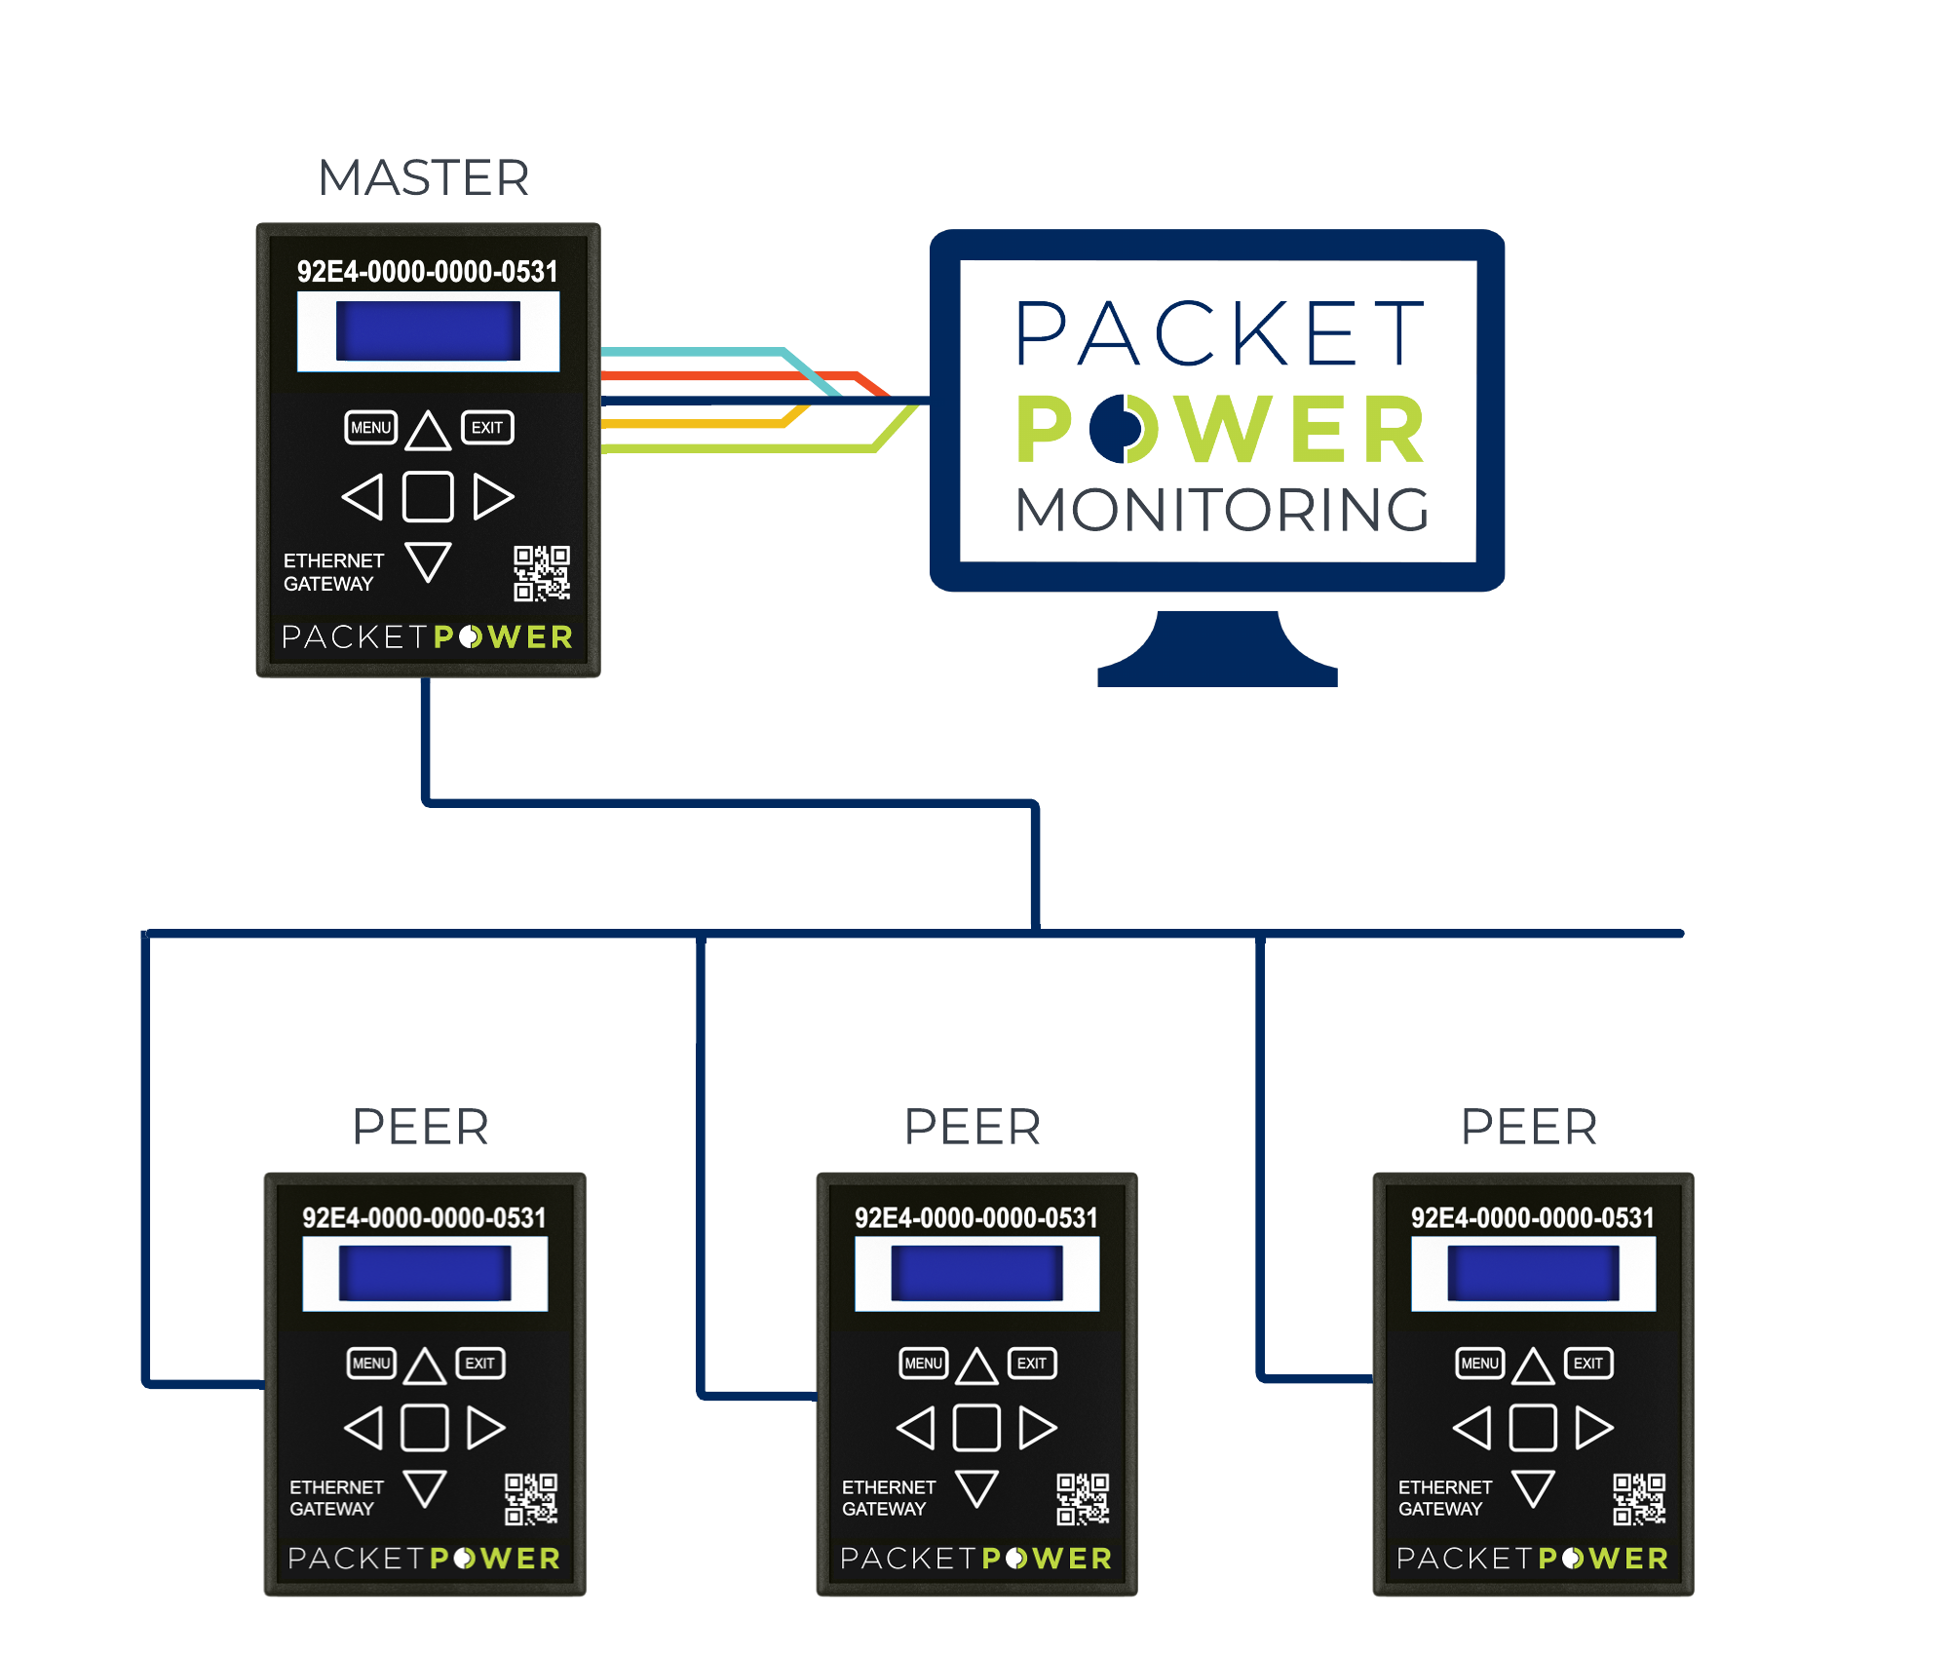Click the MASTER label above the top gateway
pos(424,178)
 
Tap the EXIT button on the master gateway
pos(487,428)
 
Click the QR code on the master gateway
pos(542,573)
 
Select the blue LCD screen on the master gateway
pos(428,330)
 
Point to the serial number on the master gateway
pos(428,272)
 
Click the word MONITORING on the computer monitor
pos(1222,510)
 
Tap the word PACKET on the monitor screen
pos(1220,333)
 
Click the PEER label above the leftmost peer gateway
pos(421,1128)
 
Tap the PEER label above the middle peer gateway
pos(973,1128)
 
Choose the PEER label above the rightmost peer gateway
pos(1529,1128)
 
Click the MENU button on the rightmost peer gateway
pos(1479,1364)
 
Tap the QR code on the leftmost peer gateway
pos(531,1499)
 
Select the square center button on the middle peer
pos(976,1428)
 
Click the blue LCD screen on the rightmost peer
pos(1533,1273)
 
